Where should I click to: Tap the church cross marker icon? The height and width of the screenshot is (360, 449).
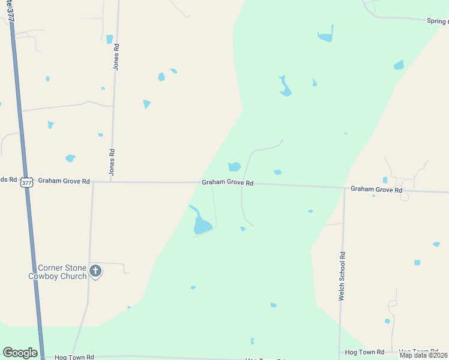[x=95, y=272]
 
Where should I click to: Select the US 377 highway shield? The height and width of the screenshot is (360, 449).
[x=26, y=182]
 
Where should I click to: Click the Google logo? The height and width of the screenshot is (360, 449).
[x=20, y=353]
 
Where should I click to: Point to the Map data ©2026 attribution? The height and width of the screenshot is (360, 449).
[x=424, y=355]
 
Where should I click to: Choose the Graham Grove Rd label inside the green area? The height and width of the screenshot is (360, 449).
[x=228, y=183]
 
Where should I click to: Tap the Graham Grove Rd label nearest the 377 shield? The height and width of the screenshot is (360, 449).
[x=64, y=181]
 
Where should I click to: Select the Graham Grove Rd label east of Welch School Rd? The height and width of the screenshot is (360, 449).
[x=376, y=189]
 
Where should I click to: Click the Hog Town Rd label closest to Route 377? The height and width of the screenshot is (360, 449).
[x=74, y=357]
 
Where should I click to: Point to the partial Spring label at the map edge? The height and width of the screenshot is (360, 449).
[x=438, y=22]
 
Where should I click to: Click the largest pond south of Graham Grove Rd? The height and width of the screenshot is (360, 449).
[x=202, y=226]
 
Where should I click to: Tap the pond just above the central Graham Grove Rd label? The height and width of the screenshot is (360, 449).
[x=234, y=167]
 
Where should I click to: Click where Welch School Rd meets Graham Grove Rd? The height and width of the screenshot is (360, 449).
[x=345, y=188]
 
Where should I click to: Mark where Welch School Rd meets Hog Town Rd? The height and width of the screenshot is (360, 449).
[x=340, y=352]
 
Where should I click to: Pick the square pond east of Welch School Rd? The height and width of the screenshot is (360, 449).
[x=417, y=263]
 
